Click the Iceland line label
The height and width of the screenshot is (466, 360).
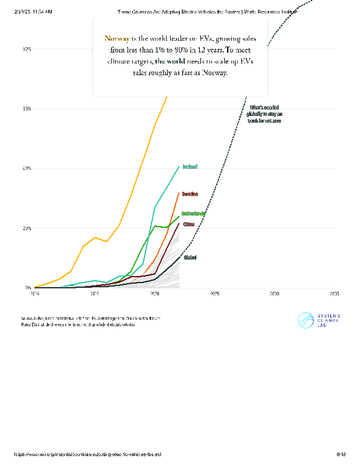click(190, 167)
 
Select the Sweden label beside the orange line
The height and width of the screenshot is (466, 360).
click(189, 194)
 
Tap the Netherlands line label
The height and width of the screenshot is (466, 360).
click(193, 214)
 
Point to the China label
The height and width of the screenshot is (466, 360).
click(189, 224)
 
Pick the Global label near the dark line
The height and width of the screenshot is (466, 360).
click(190, 257)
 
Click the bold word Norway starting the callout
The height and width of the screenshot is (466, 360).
click(117, 38)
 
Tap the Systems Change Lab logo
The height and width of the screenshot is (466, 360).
click(319, 320)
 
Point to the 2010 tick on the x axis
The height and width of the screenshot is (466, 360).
click(35, 294)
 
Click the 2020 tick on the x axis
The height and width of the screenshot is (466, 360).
click(155, 294)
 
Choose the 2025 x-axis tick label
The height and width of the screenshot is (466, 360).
click(215, 294)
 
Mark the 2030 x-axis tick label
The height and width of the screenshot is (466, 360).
click(275, 294)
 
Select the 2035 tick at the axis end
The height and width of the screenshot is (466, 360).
click(334, 294)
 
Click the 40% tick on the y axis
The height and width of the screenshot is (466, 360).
click(27, 168)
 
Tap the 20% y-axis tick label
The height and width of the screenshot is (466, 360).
click(27, 228)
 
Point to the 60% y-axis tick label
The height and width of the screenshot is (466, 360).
click(27, 108)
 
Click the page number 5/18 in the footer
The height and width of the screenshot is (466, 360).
click(341, 454)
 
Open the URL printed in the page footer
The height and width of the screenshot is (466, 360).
click(87, 454)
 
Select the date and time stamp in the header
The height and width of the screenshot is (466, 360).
click(34, 12)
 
